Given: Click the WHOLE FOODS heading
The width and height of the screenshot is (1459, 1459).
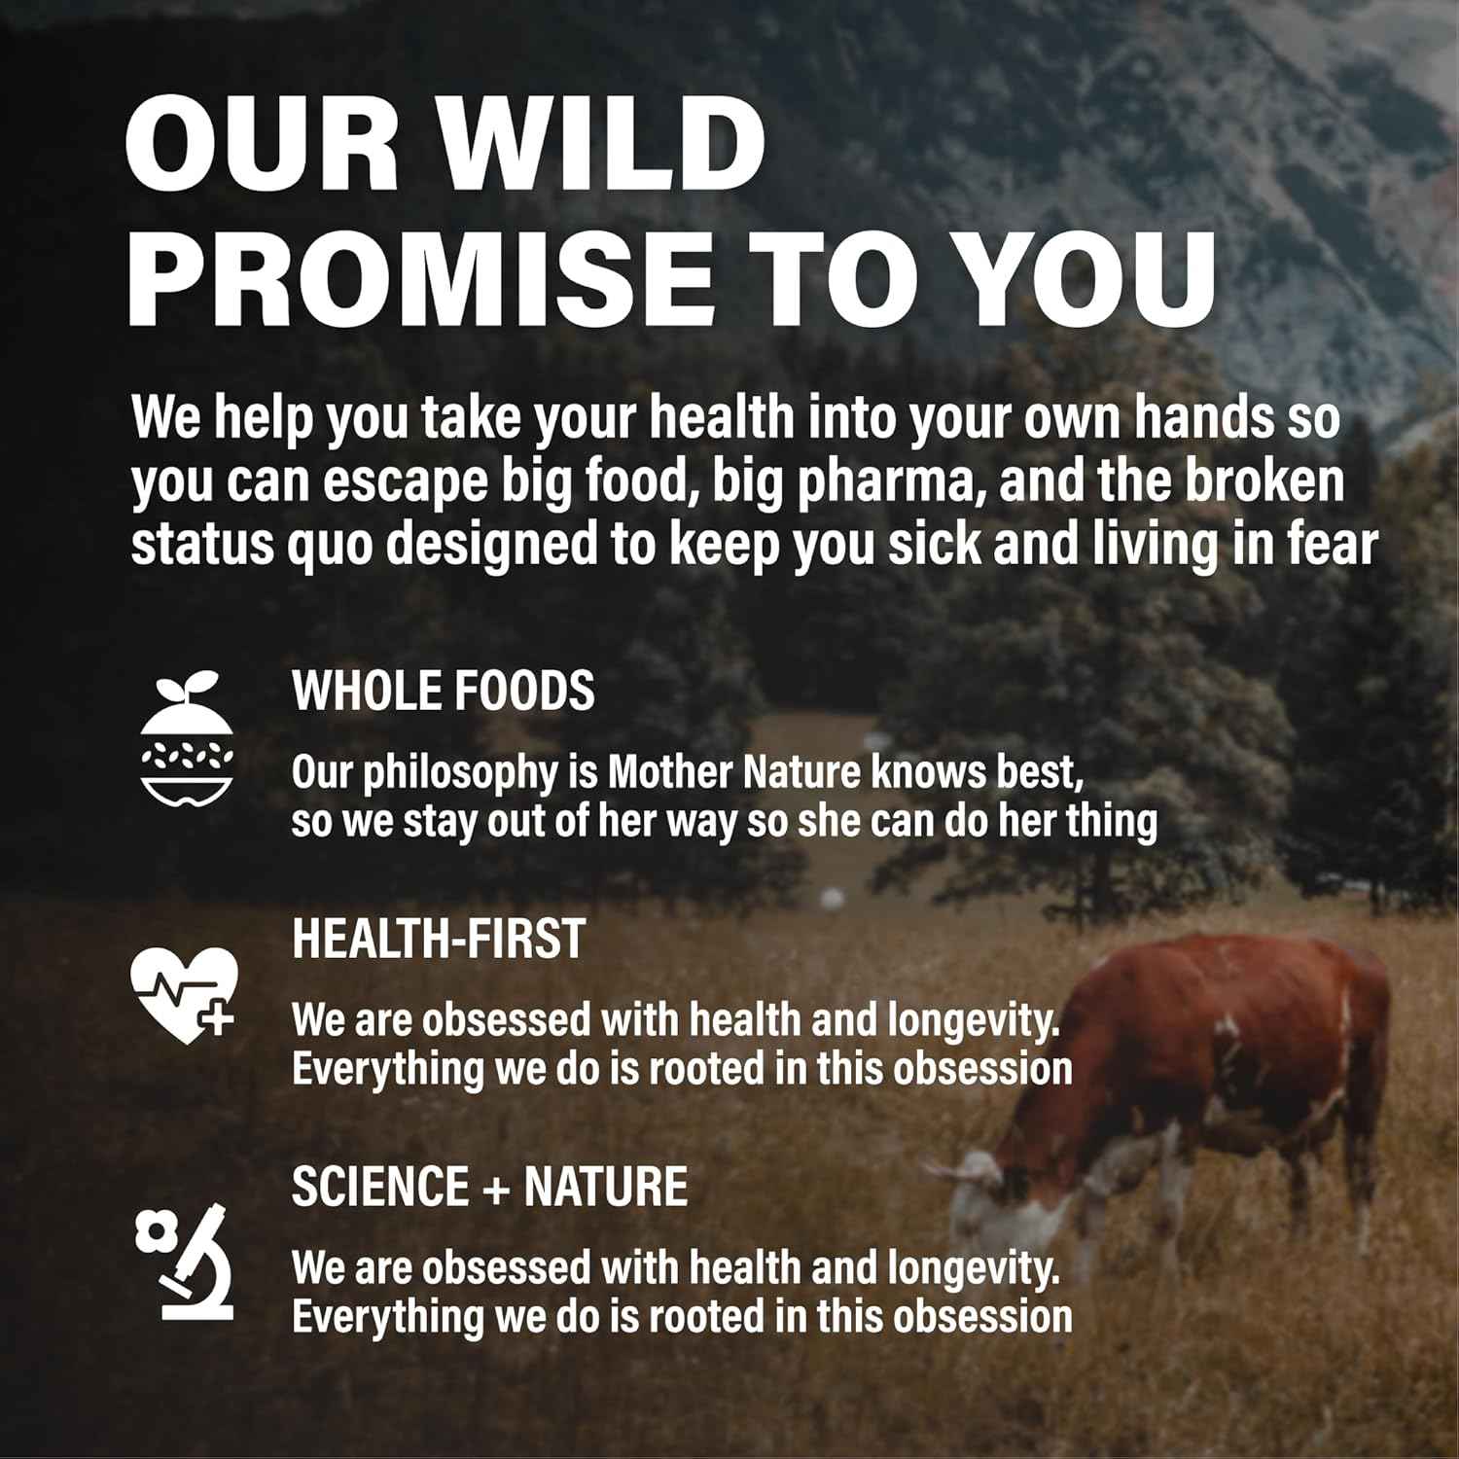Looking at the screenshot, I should click(444, 692).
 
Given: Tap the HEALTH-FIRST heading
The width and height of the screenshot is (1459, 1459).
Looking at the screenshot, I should click(439, 940).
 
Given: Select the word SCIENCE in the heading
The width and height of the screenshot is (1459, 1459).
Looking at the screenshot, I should click(380, 1188).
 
